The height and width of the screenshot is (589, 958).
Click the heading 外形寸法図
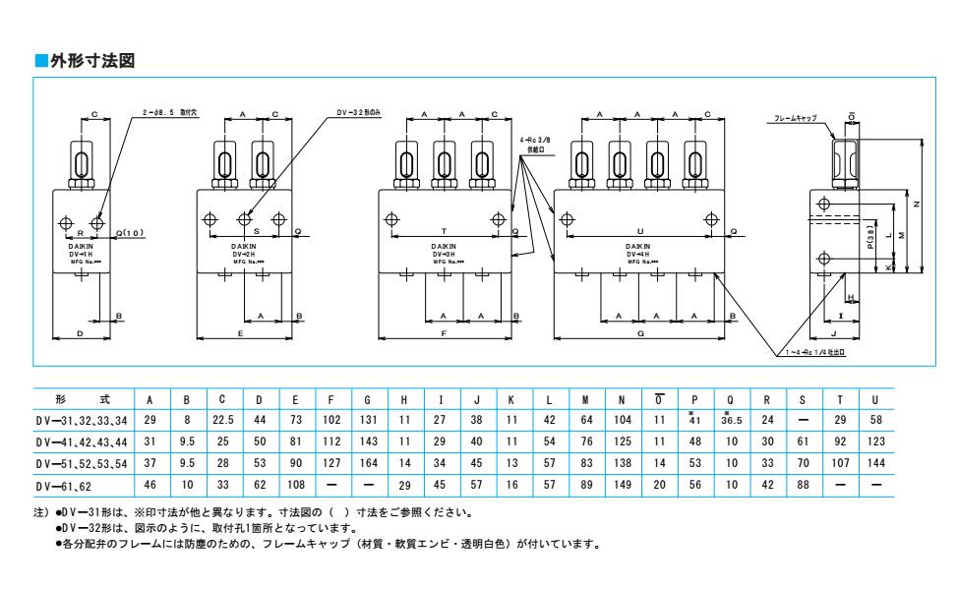tap(91, 61)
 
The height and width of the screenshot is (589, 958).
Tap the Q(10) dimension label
tap(131, 233)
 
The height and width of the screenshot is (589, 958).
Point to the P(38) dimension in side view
tap(870, 237)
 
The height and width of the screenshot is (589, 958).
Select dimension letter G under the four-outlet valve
tap(640, 334)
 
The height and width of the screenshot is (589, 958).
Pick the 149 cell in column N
tap(622, 486)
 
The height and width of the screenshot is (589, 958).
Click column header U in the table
tap(875, 399)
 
